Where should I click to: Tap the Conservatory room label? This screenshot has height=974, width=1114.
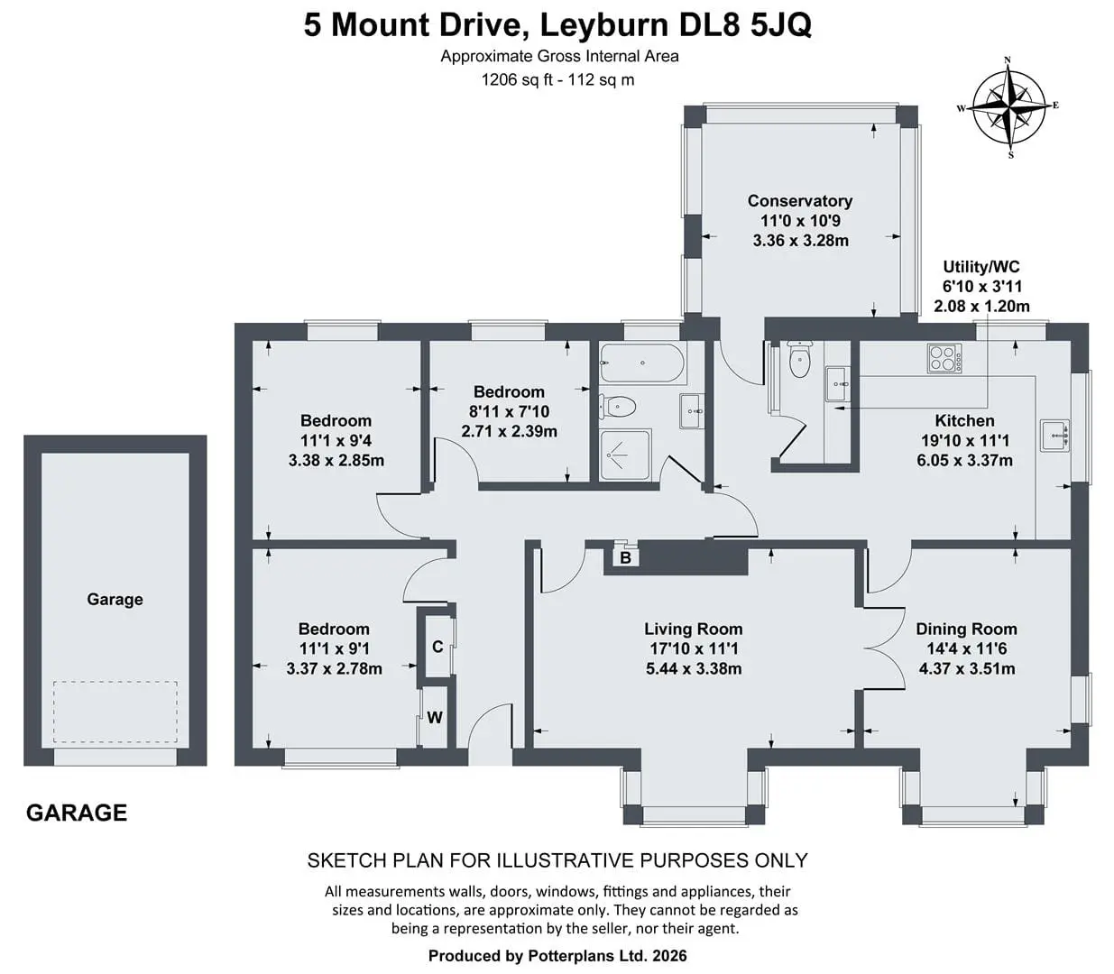click(800, 201)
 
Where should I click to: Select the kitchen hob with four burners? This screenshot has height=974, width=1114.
click(944, 358)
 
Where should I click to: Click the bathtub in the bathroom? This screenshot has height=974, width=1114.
click(641, 363)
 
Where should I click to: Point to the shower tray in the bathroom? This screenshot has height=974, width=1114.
click(625, 455)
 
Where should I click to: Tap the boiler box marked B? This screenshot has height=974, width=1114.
click(626, 557)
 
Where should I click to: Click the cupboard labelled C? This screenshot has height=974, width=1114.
click(437, 647)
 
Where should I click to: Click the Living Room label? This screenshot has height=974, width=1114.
click(693, 629)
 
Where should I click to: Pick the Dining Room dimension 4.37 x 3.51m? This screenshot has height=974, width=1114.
click(966, 668)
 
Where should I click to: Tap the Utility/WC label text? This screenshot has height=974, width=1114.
click(981, 267)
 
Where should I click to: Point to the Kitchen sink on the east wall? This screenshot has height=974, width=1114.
click(1054, 436)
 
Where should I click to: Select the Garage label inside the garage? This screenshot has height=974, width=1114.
click(115, 600)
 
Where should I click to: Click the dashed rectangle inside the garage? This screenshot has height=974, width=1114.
click(115, 712)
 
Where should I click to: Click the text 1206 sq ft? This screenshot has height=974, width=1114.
click(517, 80)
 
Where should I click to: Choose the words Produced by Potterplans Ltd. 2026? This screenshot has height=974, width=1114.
click(557, 955)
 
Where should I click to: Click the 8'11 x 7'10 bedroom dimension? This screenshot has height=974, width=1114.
click(509, 411)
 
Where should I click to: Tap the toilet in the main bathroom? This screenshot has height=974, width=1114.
click(618, 406)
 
